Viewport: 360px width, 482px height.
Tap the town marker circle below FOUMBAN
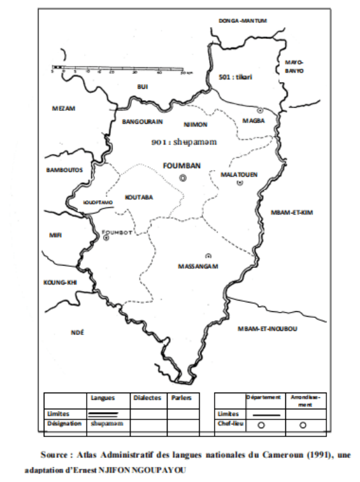182,177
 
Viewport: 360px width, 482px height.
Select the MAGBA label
253,121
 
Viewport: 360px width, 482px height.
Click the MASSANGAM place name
199,266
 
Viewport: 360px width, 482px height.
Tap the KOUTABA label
139,197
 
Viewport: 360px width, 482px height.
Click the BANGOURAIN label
143,122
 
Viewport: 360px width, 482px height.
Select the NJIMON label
195,125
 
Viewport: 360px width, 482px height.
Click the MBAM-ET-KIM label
292,212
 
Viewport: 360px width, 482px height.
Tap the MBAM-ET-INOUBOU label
267,329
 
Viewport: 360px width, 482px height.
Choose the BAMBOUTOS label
64,170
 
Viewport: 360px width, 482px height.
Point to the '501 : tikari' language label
235,78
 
